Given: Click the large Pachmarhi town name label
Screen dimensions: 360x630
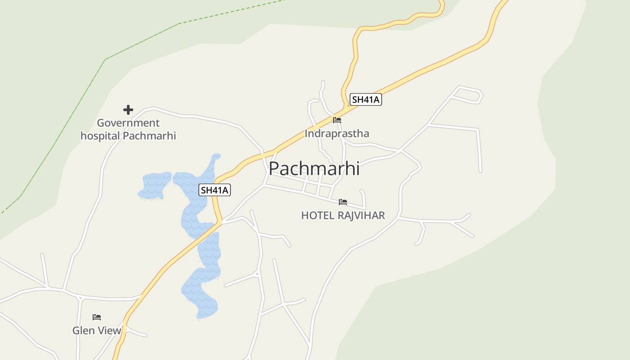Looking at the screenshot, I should tap(314, 169).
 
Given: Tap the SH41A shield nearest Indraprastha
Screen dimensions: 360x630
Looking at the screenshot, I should tap(366, 99).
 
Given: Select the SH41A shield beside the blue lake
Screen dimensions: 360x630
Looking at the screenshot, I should tap(215, 190).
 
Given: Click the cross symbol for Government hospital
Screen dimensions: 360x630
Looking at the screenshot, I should tap(128, 110).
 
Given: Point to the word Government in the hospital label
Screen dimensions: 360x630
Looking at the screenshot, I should tap(128, 123).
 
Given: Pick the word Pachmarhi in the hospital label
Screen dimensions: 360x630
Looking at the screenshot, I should tap(149, 135).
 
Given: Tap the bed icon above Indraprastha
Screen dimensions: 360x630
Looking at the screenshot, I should tap(337, 120).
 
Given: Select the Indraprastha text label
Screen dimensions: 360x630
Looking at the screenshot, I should tap(337, 134).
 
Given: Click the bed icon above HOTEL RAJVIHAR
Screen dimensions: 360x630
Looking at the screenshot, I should tap(343, 202).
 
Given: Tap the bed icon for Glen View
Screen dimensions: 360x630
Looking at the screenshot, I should tap(97, 317).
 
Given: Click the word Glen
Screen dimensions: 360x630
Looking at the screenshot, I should tap(83, 331).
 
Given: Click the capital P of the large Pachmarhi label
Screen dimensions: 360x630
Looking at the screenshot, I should tap(275, 169).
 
